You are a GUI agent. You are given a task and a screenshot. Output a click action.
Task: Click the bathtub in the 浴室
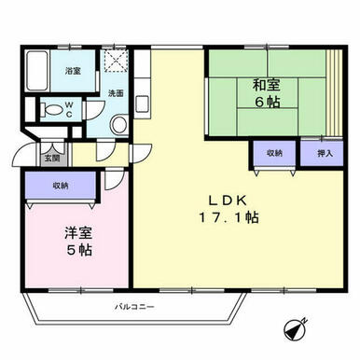pyautogui.click(x=37, y=71)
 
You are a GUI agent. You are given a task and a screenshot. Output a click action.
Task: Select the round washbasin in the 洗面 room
pyautogui.click(x=119, y=125)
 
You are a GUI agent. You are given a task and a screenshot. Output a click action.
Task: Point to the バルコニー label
pyautogui.click(x=134, y=308)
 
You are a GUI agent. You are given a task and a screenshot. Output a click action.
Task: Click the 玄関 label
pyautogui.click(x=51, y=159)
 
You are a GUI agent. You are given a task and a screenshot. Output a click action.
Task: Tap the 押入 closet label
pyautogui.click(x=325, y=153)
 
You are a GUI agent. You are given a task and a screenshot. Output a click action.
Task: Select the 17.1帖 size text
pyautogui.click(x=228, y=217)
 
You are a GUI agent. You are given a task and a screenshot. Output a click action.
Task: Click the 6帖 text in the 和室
pyautogui.click(x=268, y=102)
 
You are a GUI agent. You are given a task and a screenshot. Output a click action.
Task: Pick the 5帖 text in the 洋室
pyautogui.click(x=79, y=250)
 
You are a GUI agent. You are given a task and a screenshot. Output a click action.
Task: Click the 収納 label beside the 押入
pyautogui.click(x=274, y=153)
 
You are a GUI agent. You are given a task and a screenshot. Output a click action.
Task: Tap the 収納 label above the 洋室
pyautogui.click(x=61, y=186)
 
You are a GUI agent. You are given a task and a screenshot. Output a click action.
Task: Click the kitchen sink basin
pyautogui.click(x=143, y=104)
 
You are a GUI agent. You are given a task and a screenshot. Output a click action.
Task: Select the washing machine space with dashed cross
pyautogui.click(x=116, y=61)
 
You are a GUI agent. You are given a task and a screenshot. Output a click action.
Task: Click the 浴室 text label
pyautogui.click(x=73, y=71)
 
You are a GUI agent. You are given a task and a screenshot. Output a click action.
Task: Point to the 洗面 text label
pyautogui.click(x=116, y=93)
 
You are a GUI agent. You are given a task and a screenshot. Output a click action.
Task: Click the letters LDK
pyautogui.click(x=228, y=201)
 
